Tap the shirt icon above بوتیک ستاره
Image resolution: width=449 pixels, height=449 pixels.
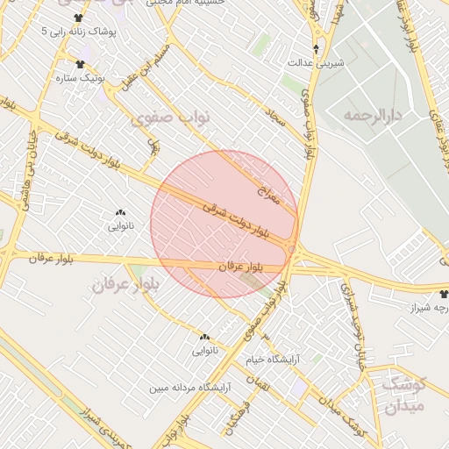pyautogui.click(x=81, y=63)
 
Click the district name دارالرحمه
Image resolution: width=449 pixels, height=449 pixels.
pyautogui.click(x=372, y=115)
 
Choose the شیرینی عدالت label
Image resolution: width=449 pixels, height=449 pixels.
pyautogui.click(x=315, y=64)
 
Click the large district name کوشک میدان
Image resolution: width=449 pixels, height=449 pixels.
pyautogui.click(x=404, y=393)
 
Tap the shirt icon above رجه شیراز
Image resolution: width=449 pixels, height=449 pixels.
pyautogui.click(x=444, y=295)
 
